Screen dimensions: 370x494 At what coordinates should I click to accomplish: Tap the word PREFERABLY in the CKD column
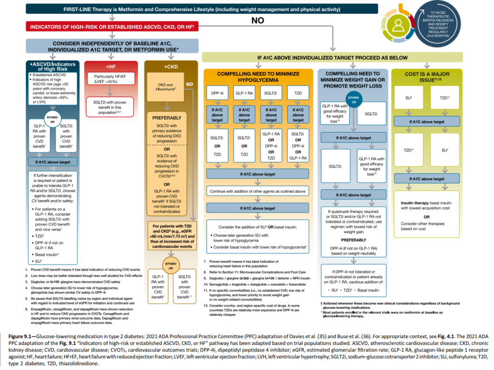click(x=166, y=117)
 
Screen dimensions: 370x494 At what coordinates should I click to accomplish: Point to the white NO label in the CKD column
click(x=190, y=83)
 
